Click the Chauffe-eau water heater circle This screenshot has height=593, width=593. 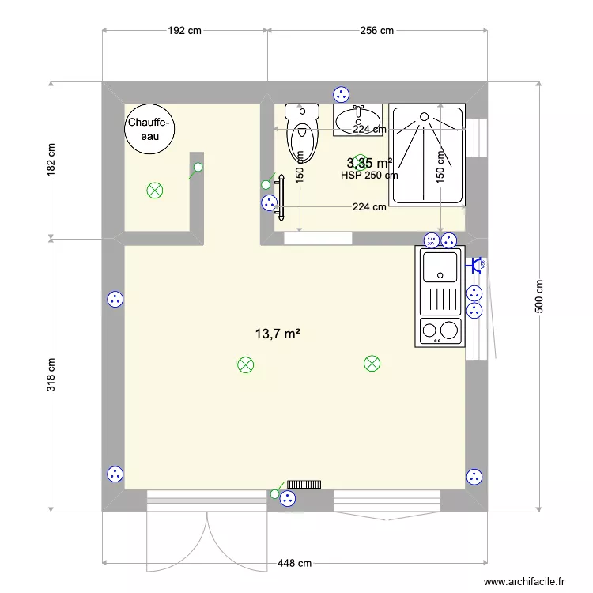coord(149,127)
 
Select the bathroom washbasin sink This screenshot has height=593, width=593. coord(358,121)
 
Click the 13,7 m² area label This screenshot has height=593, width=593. coord(277,334)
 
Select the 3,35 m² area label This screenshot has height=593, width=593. coord(371,163)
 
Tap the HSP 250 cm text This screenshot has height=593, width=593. coord(368,176)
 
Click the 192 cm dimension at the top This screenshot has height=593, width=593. coord(185,31)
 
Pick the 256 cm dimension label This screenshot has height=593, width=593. coord(376,31)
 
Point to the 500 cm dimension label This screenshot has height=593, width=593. coord(539,297)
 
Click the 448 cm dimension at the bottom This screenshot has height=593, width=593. coord(294,564)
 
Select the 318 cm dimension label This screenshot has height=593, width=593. coord(51,375)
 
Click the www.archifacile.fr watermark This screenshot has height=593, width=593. coord(524,581)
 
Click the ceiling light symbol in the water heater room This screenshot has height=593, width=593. coord(154,190)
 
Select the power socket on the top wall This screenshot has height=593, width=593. coord(342,93)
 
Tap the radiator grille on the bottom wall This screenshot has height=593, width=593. coord(303,484)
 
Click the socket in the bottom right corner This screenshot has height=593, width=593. coord(474,477)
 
